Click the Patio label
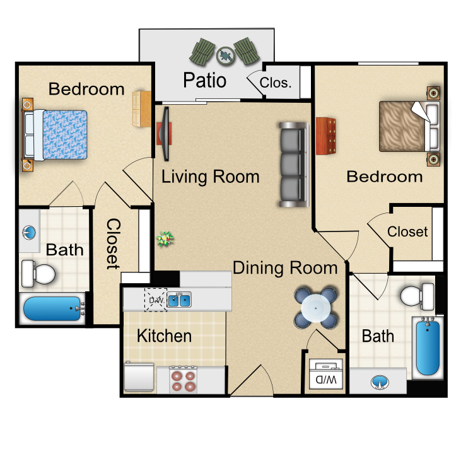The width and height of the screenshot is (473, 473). pos(205,80)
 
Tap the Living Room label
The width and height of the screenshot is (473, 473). pos(210,177)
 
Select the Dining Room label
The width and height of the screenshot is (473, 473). pos(285,268)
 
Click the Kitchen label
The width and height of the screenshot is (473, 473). pos(164,336)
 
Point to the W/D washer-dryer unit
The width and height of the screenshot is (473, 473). pos(326,374)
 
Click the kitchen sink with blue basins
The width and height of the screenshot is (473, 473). pos(179,300)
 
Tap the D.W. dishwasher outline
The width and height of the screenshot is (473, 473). pos(156,300)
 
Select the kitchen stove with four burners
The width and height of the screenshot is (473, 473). pos(183,380)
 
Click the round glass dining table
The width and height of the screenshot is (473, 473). pos(315,308)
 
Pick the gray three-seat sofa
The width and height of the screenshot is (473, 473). pos(293,165)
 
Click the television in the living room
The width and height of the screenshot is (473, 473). pos(165,134)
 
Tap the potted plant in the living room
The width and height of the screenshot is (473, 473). pos(165,239)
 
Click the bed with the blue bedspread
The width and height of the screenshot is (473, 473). pos(57,134)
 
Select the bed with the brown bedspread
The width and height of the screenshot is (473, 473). pos(409,126)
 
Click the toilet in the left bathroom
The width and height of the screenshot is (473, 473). pos(38,274)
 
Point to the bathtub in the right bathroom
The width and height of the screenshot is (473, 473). pos(428,347)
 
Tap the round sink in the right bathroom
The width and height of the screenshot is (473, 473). pos(380,382)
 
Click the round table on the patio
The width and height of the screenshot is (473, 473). pos(225,55)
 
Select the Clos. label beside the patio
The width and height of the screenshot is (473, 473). pos(276,83)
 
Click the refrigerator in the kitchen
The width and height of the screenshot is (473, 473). pos(139,377)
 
